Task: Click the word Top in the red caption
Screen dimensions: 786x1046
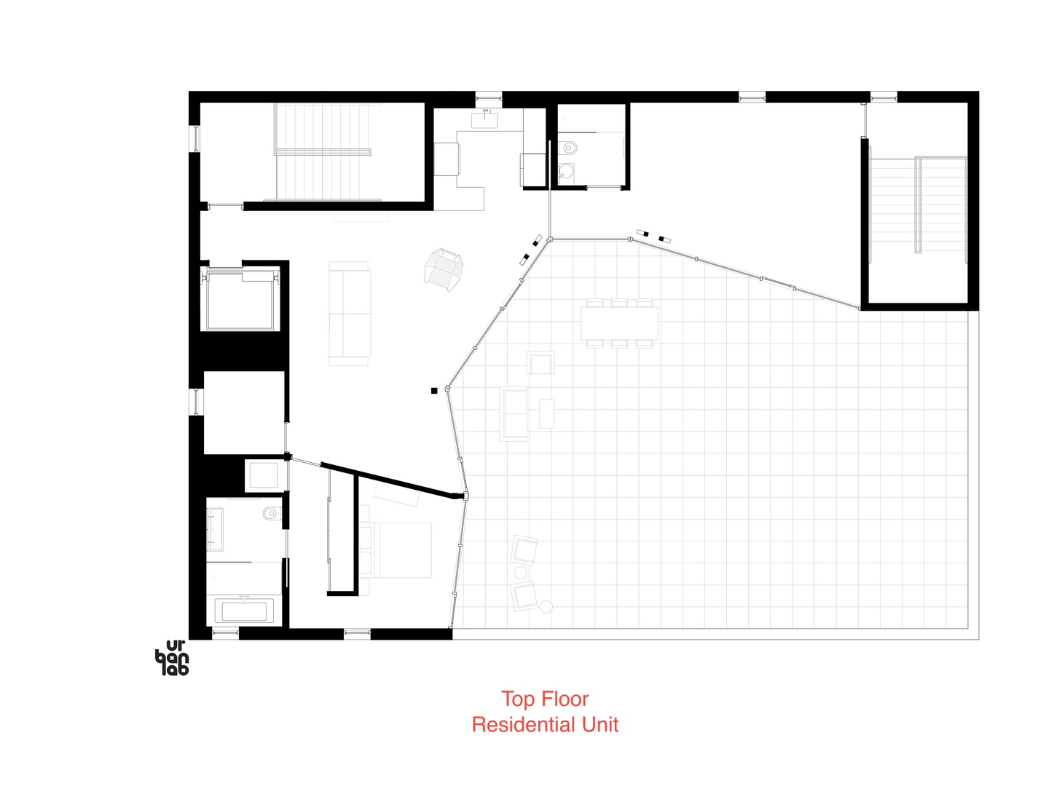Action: [x=518, y=699]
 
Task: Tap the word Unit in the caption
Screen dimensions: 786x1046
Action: [x=599, y=725]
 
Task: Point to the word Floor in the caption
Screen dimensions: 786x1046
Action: [x=565, y=699]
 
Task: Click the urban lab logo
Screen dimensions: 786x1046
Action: [x=172, y=658]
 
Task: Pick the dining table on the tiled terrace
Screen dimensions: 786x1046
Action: [x=619, y=323]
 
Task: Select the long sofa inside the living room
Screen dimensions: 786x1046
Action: [x=350, y=314]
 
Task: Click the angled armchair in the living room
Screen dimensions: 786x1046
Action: [x=444, y=268]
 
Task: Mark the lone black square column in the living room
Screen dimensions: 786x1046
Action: [x=434, y=391]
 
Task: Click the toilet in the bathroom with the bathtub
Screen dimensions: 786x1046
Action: [x=271, y=513]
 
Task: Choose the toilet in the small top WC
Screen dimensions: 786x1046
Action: [x=570, y=148]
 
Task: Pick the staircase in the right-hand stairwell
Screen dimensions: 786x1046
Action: [x=919, y=205]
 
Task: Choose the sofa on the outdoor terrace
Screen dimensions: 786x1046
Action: [x=514, y=413]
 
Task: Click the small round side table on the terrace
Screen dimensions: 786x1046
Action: [x=546, y=606]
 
